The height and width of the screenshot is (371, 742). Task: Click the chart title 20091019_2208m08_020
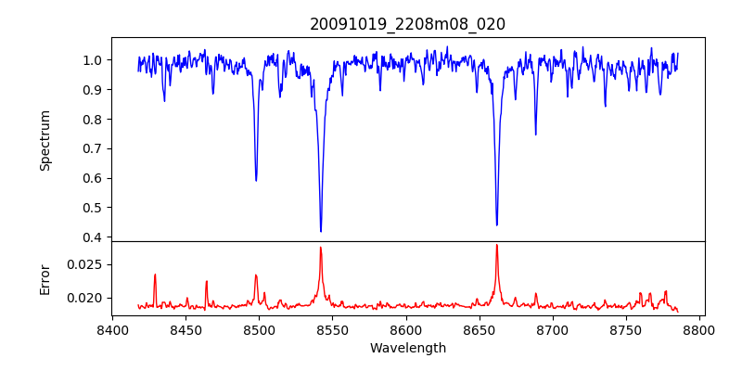407,24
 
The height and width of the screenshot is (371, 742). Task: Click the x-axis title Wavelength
407,348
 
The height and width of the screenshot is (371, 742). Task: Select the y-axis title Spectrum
45,140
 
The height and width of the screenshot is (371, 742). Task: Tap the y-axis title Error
45,278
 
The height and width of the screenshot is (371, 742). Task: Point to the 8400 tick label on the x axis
112,330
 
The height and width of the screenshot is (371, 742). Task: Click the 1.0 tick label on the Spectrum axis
93,60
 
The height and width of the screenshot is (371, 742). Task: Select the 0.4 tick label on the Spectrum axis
93,237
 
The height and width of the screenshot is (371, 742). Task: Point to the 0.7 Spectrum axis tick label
93,148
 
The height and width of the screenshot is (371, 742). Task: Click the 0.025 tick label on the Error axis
86,264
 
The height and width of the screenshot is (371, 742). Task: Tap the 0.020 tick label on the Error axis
86,298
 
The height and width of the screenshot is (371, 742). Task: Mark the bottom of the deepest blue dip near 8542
321,231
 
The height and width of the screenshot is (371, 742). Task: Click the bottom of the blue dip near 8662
496,224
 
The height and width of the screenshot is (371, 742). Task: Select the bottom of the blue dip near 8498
256,180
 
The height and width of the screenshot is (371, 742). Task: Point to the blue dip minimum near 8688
535,134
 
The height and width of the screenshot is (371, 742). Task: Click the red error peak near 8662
496,245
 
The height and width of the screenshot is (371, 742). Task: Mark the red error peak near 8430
155,275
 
